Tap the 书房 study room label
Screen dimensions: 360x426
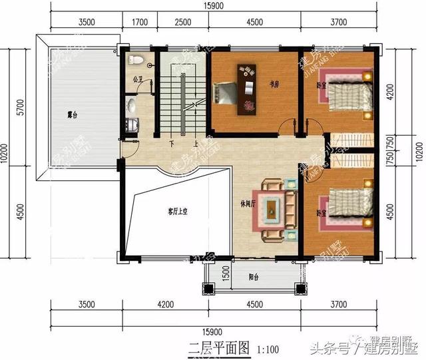(272, 85)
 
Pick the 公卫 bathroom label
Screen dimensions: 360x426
(137, 80)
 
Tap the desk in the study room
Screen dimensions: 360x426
(246, 85)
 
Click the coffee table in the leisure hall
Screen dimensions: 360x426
(273, 210)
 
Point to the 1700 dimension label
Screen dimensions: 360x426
(140, 22)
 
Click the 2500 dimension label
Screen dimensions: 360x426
(182, 22)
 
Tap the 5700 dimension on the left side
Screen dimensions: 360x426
(21, 106)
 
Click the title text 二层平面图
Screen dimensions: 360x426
(210, 347)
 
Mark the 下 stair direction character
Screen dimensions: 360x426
(171, 144)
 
